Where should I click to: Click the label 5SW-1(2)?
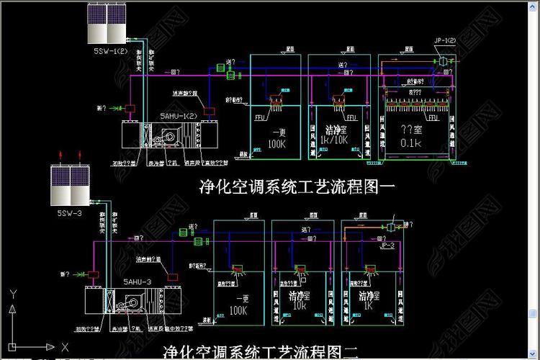pyautogui.click(x=109, y=52)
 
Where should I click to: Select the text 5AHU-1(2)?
pyautogui.click(x=179, y=116)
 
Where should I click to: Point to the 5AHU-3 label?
pyautogui.click(x=137, y=282)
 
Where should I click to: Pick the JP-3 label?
pyautogui.click(x=387, y=246)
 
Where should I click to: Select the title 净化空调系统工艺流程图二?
pyautogui.click(x=261, y=352)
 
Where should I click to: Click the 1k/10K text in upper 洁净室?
pyautogui.click(x=334, y=140)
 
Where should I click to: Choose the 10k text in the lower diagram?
pyautogui.click(x=300, y=305)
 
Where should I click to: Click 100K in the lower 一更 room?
pyautogui.click(x=238, y=310)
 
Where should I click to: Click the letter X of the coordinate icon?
pyautogui.click(x=65, y=347)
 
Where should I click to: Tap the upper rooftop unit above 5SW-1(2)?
pyautogui.click(x=107, y=24)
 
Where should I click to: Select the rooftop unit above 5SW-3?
pyautogui.click(x=69, y=185)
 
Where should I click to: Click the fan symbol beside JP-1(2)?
pyautogui.click(x=444, y=62)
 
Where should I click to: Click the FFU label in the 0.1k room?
pyautogui.click(x=433, y=117)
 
